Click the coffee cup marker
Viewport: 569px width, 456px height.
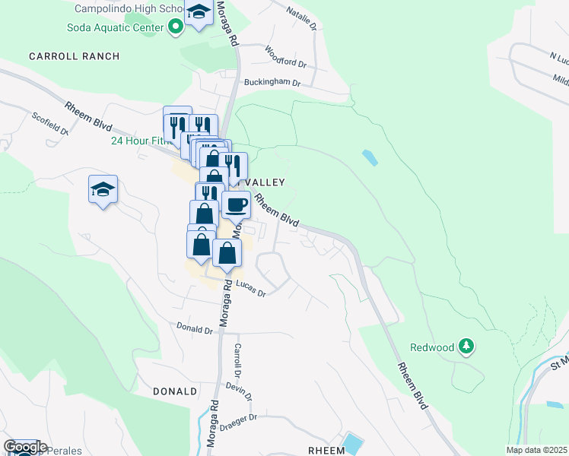click(x=236, y=204)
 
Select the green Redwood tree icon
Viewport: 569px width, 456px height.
click(x=466, y=347)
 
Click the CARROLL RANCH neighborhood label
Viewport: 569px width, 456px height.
click(x=75, y=56)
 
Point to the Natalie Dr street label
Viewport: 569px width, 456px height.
click(x=301, y=16)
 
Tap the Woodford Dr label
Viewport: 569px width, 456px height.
click(x=284, y=56)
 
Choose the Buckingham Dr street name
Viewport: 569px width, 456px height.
click(x=272, y=83)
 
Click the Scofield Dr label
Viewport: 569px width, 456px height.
click(x=50, y=124)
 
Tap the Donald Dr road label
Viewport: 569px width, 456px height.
click(x=194, y=329)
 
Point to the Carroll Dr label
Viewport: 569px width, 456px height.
click(x=237, y=361)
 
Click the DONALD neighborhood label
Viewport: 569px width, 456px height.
click(x=175, y=391)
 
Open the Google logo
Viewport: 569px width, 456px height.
click(x=24, y=447)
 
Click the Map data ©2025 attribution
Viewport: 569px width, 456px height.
click(x=536, y=450)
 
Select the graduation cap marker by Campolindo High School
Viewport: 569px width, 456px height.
click(x=199, y=14)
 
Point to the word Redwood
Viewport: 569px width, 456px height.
click(x=432, y=347)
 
